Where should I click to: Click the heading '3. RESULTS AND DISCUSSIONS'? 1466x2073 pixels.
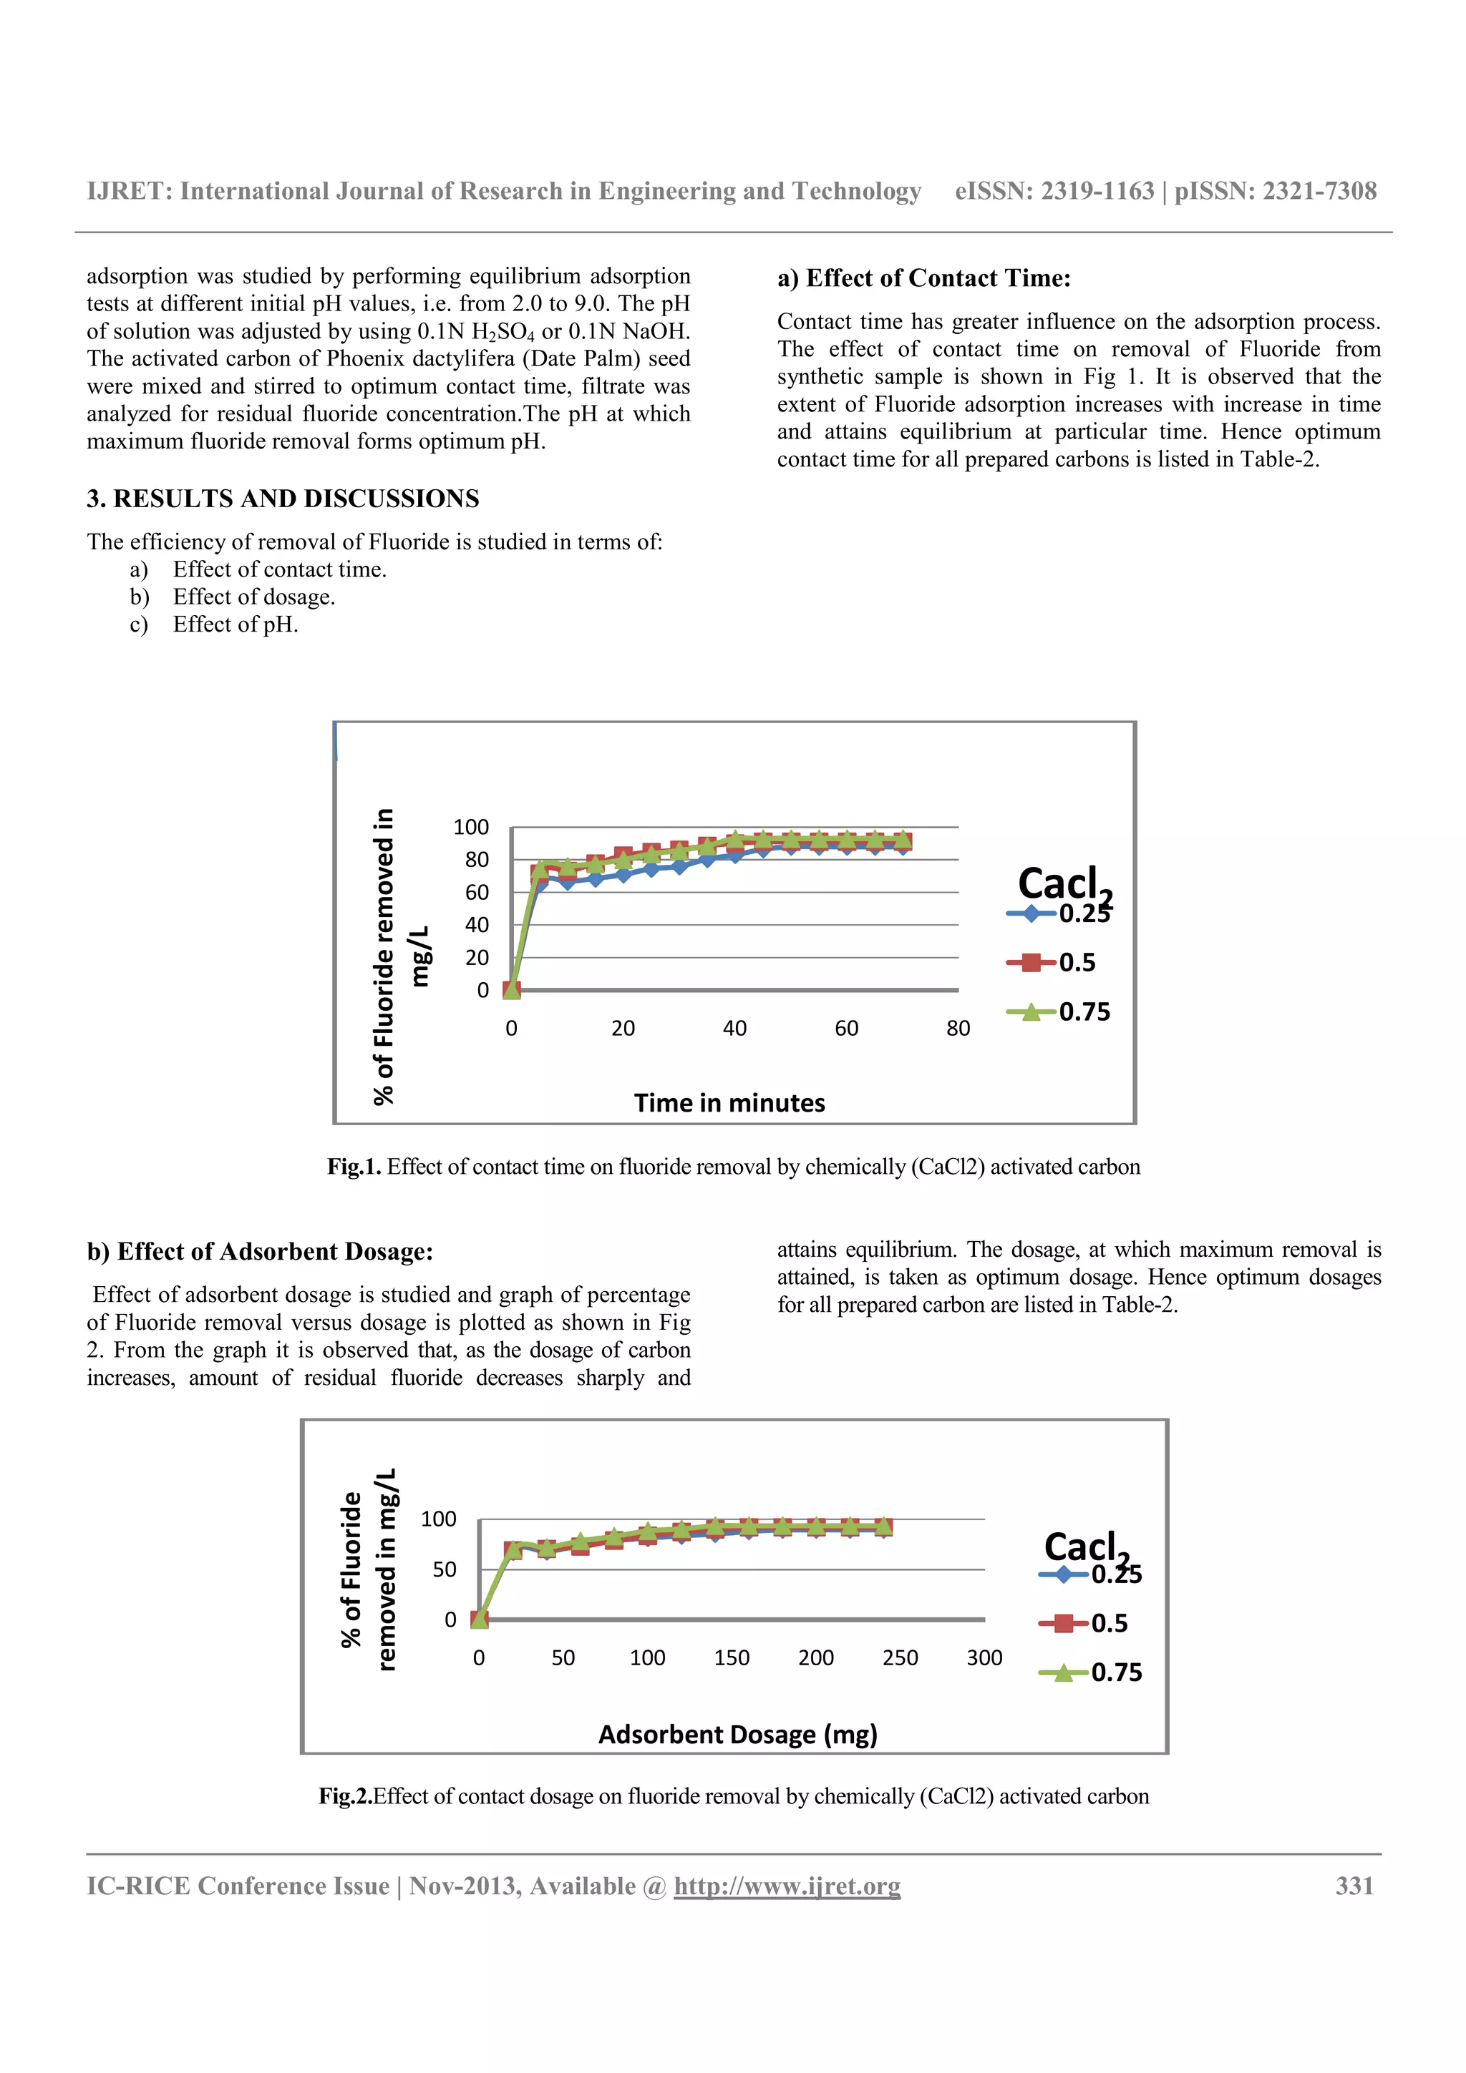[283, 499]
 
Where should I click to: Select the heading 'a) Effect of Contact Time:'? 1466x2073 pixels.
[923, 278]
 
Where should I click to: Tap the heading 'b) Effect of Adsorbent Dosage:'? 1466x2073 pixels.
[260, 1251]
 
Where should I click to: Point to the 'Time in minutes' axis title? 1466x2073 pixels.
[729, 1102]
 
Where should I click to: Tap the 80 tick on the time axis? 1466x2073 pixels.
[958, 1029]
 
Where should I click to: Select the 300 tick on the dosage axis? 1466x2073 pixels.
[984, 1657]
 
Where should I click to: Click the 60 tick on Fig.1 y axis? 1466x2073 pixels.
[476, 892]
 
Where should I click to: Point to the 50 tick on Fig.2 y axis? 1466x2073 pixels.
[445, 1569]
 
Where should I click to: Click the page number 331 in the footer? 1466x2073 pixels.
[1354, 1886]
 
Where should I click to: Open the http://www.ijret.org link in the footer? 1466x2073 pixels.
[787, 1886]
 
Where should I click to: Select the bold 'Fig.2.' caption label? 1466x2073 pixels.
[345, 1796]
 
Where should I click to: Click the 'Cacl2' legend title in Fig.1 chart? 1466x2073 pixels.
[1063, 884]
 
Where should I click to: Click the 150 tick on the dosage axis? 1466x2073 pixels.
[731, 1657]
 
